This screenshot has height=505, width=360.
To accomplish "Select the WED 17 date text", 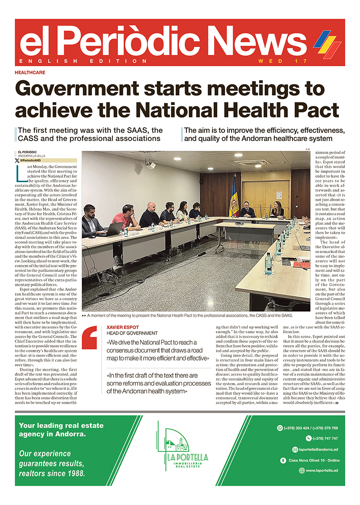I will [283, 61].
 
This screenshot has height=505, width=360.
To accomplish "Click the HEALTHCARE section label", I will [30, 72].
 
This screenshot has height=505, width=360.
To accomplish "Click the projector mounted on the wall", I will [150, 165].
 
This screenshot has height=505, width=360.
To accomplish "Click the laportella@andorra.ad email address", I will [318, 449].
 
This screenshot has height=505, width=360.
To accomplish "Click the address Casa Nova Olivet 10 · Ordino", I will [314, 460].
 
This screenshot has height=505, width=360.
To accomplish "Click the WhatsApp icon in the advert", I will [280, 428].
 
